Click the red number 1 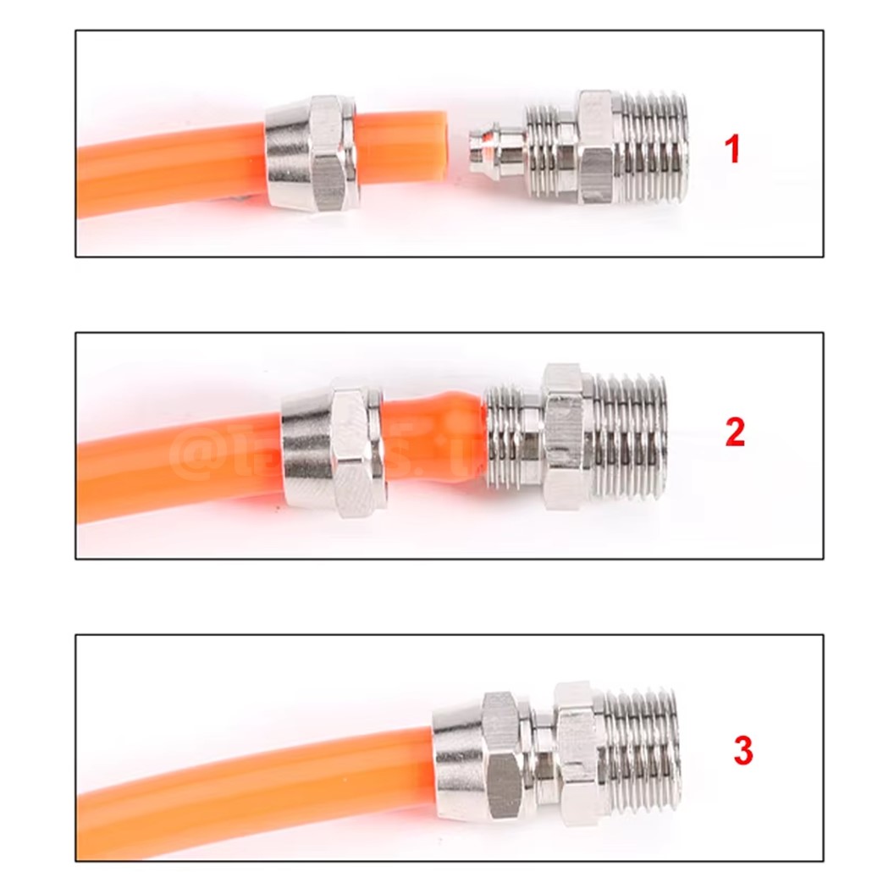tap(732, 150)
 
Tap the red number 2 tap(735, 433)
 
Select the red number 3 tap(742, 751)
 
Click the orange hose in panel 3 tap(254, 775)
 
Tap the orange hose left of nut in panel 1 tap(169, 174)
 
